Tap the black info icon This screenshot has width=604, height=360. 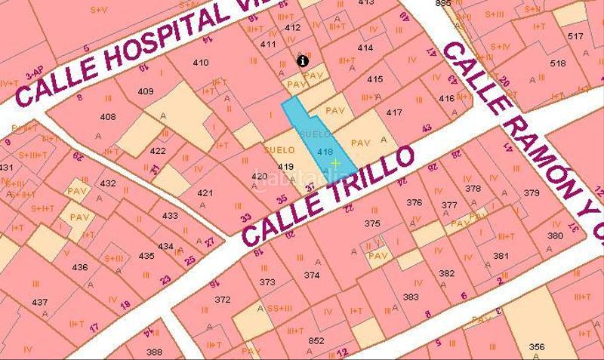(303, 60)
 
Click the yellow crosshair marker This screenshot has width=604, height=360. (335, 163)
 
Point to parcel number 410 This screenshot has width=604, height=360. (201, 62)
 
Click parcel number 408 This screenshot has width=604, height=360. (108, 117)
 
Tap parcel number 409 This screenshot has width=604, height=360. (146, 91)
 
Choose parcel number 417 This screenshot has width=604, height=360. (393, 112)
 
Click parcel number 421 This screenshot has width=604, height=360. (205, 192)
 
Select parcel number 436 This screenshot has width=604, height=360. (79, 267)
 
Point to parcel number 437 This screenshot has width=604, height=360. (40, 302)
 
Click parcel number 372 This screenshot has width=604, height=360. (222, 299)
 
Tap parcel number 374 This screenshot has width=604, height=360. (312, 275)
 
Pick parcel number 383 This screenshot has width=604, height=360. (411, 297)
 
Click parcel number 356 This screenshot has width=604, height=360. (537, 346)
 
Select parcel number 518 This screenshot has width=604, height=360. (558, 63)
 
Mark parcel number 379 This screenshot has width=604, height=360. (532, 192)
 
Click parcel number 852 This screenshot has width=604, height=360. (316, 340)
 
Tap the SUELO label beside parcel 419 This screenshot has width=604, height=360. (279, 150)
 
